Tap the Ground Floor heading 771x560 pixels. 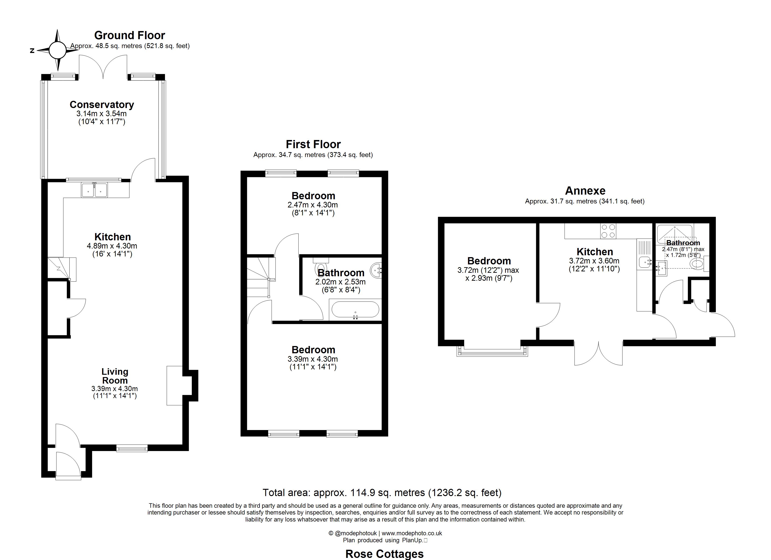click(129, 35)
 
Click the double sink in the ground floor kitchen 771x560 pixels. click(94, 190)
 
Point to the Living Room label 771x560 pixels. click(115, 376)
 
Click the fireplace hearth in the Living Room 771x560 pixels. click(174, 385)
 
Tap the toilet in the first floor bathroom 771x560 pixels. click(321, 267)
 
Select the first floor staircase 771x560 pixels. click(260, 277)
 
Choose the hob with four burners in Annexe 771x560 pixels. click(608, 231)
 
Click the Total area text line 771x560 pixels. click(382, 492)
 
